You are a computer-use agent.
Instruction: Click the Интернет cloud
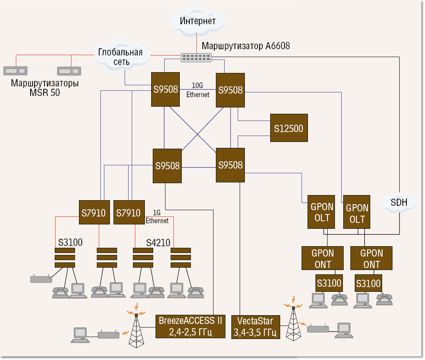click(197, 21)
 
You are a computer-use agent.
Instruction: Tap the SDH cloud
click(399, 202)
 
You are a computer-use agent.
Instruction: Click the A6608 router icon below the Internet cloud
click(196, 57)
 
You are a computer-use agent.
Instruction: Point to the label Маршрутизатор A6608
click(246, 46)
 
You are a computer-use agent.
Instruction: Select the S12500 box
click(288, 128)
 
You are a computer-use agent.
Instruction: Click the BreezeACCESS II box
click(190, 321)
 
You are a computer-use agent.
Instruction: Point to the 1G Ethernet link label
click(157, 217)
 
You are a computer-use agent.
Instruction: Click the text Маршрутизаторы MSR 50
click(44, 88)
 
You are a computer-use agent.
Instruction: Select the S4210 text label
click(158, 242)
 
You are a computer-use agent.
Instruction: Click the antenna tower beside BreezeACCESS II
click(136, 329)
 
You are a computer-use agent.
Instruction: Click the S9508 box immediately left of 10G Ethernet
click(165, 89)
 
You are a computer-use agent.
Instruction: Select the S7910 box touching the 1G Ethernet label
click(128, 213)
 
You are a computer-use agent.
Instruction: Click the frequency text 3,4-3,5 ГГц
click(255, 332)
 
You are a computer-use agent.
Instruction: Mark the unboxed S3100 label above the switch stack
click(70, 242)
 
